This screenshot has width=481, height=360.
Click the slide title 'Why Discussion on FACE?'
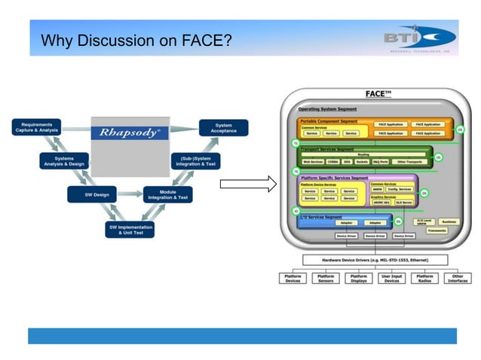136,40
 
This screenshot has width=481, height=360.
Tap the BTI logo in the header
419,38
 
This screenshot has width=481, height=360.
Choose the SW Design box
91,195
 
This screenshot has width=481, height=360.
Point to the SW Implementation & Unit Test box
129,229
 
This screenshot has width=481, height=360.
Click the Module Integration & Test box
167,195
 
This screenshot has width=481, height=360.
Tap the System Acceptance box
223,127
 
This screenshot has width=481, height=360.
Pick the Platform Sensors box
326,279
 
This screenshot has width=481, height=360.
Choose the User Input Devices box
391,279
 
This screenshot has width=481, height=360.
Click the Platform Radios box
424,279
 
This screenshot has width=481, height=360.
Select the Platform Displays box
359,279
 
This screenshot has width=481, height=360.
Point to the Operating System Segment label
327,109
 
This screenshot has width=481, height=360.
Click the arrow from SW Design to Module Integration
129,195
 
